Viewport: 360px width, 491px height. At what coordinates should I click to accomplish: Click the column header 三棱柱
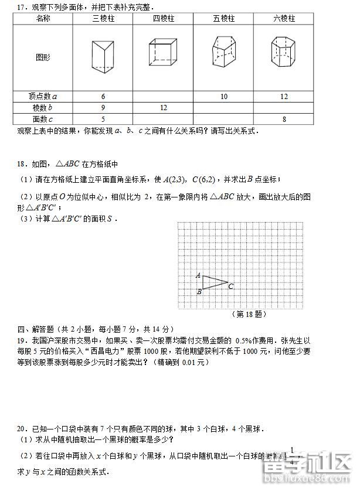tap(103, 19)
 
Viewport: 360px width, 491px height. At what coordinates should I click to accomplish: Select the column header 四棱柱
tap(164, 19)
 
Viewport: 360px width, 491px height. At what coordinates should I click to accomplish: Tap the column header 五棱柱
tap(223, 19)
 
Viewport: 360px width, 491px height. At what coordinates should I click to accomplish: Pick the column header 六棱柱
tap(284, 19)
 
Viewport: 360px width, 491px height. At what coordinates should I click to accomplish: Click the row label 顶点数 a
tap(42, 97)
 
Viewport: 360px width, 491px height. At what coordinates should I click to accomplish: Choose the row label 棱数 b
tap(42, 108)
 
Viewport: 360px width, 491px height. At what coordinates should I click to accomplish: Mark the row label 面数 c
tap(42, 120)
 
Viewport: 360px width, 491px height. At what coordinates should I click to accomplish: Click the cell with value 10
tap(223, 97)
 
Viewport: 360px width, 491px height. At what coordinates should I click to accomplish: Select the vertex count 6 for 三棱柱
tap(103, 97)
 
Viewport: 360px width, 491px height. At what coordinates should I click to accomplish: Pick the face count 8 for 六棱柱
tap(284, 120)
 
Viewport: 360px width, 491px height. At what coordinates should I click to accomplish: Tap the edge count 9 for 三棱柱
tap(103, 108)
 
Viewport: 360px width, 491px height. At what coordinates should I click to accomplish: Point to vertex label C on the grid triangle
tap(231, 287)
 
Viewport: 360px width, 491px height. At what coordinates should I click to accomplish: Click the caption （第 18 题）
tap(249, 314)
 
